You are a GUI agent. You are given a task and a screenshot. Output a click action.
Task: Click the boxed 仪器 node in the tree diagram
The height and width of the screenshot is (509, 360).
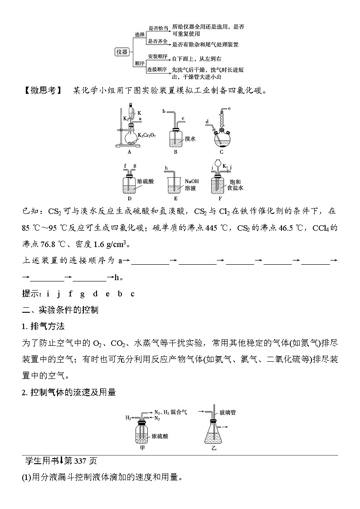point(122,52)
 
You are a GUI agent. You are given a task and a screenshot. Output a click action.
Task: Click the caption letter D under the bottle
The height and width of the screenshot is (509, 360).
point(130,198)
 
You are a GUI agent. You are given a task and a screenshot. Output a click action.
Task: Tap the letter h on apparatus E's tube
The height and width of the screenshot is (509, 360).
point(166,168)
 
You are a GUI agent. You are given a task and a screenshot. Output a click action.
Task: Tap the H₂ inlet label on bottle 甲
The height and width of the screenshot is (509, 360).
point(128,415)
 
